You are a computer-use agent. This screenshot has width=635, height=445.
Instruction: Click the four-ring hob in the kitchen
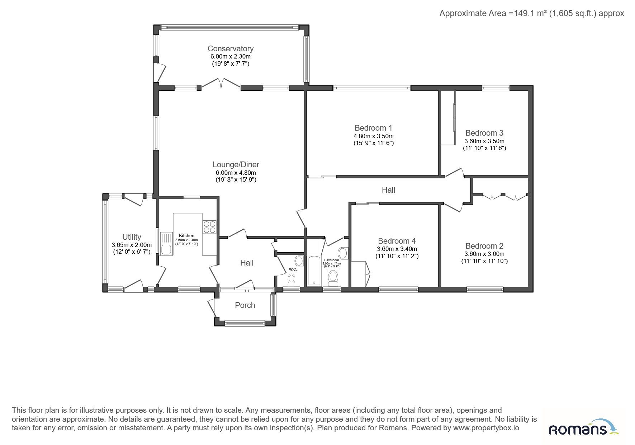coord(210,226)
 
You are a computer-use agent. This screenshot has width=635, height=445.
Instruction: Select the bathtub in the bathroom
coord(314,270)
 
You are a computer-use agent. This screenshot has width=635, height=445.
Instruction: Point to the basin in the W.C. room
coord(299,261)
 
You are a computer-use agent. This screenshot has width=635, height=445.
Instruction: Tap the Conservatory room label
coord(231,48)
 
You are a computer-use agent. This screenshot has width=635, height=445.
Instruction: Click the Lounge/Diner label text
coord(236,165)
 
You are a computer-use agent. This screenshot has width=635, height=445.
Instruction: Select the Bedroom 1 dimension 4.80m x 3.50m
coord(374,136)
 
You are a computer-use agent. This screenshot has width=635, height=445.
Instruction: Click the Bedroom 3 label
coord(484,133)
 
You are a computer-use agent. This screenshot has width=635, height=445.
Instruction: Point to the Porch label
coord(245,305)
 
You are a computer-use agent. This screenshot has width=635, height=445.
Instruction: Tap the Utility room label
coord(132,237)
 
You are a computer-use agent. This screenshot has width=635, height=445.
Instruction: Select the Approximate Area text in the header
coord(532,14)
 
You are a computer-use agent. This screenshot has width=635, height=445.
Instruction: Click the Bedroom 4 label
coord(397,241)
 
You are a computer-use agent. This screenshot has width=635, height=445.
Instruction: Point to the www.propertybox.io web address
coord(486,428)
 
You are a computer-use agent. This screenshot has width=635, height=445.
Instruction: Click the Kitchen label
coord(186,236)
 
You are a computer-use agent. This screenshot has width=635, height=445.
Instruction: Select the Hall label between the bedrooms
coord(388,190)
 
